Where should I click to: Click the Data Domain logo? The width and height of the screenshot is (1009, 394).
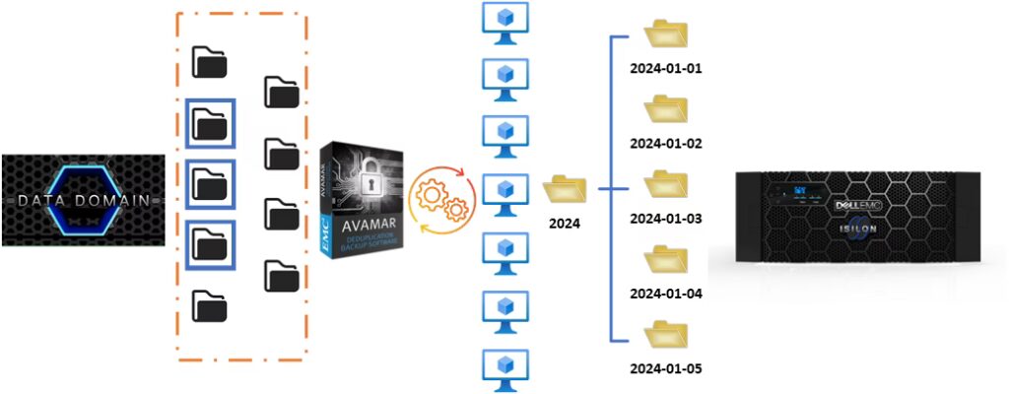pos(83,200)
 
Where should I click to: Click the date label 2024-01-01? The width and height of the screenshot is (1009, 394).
pos(665,69)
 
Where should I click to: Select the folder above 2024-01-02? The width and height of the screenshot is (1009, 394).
pos(665,109)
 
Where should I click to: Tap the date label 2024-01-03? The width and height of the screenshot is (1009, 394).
pos(665,218)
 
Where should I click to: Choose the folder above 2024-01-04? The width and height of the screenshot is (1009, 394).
pos(665,261)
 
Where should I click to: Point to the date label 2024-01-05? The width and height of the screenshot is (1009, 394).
pos(665,369)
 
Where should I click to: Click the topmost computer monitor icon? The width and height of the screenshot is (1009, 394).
pos(504,23)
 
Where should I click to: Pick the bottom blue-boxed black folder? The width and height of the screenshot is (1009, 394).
pos(210,242)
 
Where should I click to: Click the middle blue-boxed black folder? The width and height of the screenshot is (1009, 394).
pos(210,183)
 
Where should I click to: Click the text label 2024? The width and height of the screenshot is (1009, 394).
pos(565,224)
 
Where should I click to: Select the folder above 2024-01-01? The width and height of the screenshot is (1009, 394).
pos(665,34)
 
